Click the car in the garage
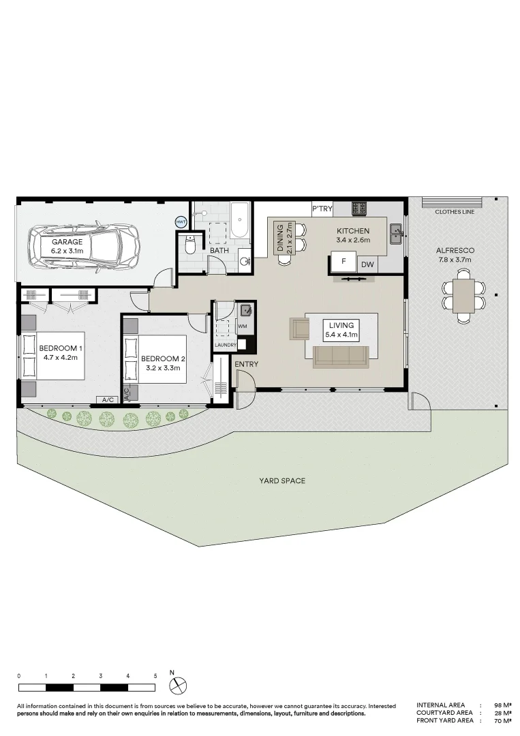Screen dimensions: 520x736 [x=84, y=245]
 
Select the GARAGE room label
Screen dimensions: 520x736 [x=67, y=242]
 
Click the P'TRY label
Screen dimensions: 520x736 [x=322, y=209]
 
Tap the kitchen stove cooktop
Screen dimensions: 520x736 [x=360, y=209]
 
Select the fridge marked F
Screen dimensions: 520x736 [x=344, y=262]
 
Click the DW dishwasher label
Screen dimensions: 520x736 [x=367, y=264]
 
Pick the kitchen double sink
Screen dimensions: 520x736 [x=396, y=234]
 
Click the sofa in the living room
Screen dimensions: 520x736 [x=341, y=356]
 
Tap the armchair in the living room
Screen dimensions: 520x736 [x=300, y=328]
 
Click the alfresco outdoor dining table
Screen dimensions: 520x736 [x=463, y=296]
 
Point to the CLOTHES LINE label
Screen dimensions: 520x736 [x=455, y=212]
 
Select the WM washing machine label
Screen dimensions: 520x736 [x=243, y=326]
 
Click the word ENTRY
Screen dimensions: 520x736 [x=247, y=364]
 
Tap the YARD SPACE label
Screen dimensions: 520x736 [x=282, y=480]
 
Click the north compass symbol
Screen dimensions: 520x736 [x=179, y=686]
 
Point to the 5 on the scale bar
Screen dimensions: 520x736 [x=155, y=677]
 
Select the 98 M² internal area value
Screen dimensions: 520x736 [x=503, y=705]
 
